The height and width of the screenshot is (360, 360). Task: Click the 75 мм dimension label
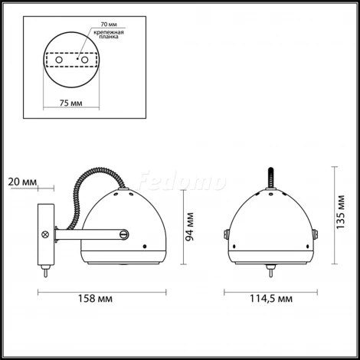pos(71,103)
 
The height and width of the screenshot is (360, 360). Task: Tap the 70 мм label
pos(109,25)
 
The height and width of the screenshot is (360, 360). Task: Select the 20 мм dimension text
pos(22,182)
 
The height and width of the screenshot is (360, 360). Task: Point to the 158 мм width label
pos(95,299)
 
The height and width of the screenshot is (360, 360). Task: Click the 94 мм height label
pos(190,227)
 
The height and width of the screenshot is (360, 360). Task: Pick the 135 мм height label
pos(341,212)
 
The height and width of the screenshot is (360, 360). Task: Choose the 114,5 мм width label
pos(271,299)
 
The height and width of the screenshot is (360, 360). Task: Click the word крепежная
pos(109,32)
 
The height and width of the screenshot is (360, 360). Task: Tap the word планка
pos(109,37)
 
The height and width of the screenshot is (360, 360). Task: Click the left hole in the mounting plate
pos(59,60)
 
